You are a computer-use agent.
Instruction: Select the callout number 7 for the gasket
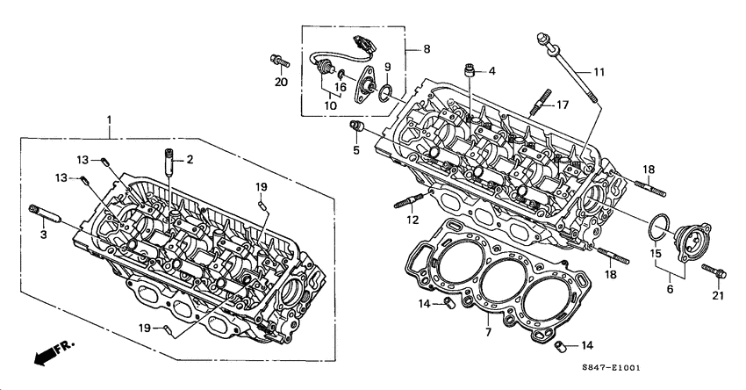click(x=488, y=333)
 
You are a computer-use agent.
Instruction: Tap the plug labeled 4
click(x=471, y=69)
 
